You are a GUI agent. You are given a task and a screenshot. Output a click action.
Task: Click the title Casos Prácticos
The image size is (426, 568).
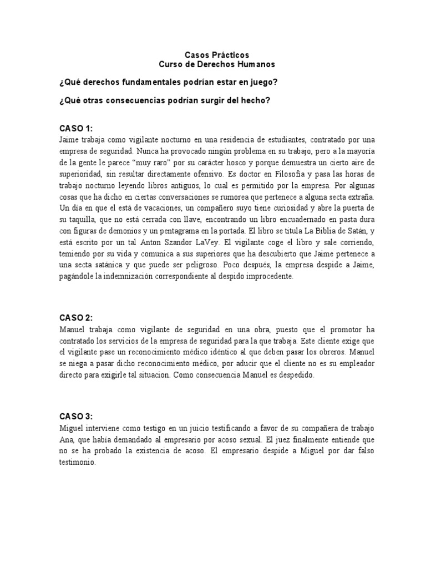tap(216, 55)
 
